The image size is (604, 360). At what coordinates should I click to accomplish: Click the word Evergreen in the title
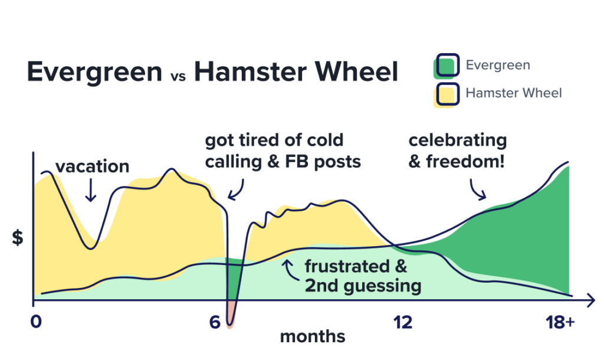point(95,72)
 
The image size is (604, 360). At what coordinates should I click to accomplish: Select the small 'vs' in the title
point(178,76)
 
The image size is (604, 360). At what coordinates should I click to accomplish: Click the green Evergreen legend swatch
point(447,66)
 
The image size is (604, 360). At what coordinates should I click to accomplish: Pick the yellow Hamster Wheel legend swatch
point(447,95)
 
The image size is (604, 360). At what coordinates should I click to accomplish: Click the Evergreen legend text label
point(498,65)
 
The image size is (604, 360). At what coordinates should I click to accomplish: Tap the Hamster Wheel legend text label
point(514,93)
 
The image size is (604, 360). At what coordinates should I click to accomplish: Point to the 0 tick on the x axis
point(36,322)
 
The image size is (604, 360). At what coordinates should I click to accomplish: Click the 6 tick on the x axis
point(215,322)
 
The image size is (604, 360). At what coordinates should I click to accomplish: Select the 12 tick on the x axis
point(402,322)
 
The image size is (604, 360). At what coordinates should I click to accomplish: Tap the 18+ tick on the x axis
point(560,322)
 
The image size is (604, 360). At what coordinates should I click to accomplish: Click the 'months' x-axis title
point(313,336)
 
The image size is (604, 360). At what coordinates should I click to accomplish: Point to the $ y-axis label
point(18,237)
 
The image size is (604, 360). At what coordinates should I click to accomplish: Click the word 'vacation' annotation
point(93,166)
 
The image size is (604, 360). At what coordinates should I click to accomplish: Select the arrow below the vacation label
point(90,189)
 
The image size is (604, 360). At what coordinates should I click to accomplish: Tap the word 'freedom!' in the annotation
point(465,162)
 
